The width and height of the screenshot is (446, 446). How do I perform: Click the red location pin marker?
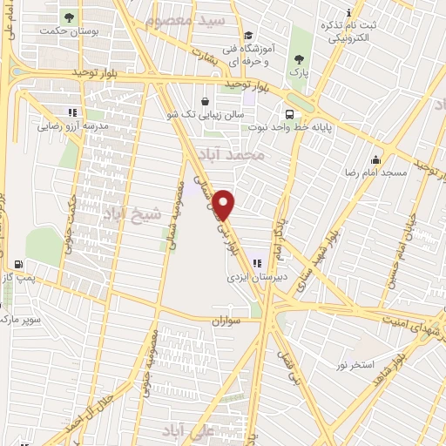pos(225,204)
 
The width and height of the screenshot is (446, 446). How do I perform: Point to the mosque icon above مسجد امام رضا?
pos(375,159)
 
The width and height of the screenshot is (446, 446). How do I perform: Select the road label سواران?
pos(223,321)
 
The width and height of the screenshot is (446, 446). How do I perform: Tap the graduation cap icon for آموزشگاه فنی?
pos(248,36)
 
